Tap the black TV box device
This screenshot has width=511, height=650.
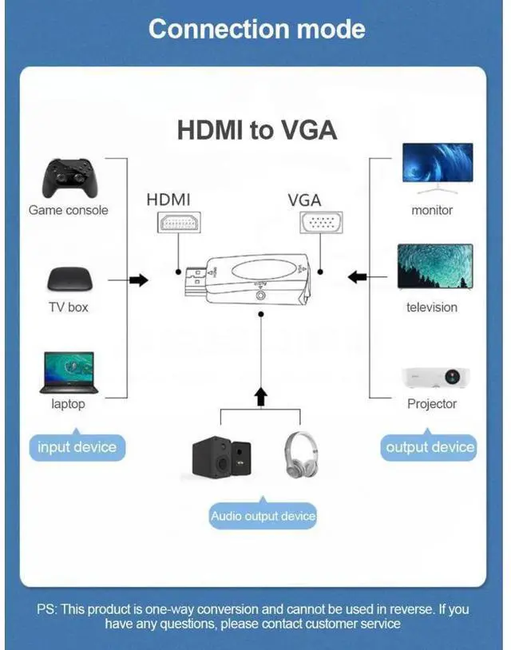pyautogui.click(x=69, y=279)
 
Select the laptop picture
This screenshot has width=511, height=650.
pyautogui.click(x=68, y=373)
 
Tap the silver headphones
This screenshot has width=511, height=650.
pyautogui.click(x=301, y=455)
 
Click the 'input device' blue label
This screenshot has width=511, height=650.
pyautogui.click(x=77, y=447)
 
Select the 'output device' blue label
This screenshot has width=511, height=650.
pyautogui.click(x=430, y=447)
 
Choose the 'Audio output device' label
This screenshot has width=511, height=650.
pyautogui.click(x=263, y=517)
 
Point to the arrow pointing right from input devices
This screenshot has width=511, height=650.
pyautogui.click(x=138, y=280)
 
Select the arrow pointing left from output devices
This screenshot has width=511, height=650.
pyautogui.click(x=358, y=277)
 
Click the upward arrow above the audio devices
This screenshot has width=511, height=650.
pyautogui.click(x=260, y=395)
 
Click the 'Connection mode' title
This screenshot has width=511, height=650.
pyautogui.click(x=256, y=29)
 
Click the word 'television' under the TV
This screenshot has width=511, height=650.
pyautogui.click(x=432, y=307)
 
